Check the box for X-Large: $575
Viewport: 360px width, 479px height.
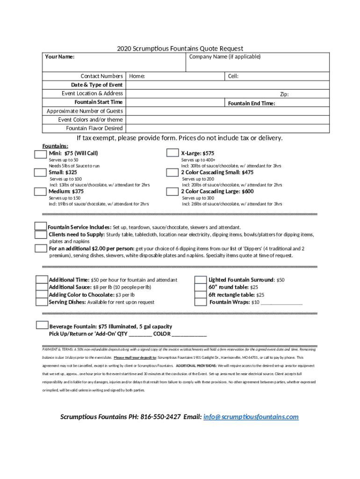(x=173, y=153)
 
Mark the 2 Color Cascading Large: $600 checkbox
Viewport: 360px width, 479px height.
(x=173, y=192)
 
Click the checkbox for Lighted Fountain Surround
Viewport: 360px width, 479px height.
(x=201, y=280)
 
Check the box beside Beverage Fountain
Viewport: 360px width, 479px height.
(x=42, y=326)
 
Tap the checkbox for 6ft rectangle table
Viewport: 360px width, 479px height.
(x=201, y=295)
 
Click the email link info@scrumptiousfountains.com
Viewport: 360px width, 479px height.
(x=251, y=417)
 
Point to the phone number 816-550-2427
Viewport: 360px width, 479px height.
(x=160, y=417)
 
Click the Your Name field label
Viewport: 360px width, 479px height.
(x=59, y=57)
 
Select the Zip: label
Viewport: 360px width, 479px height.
(x=284, y=94)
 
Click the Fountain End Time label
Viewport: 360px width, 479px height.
(x=252, y=103)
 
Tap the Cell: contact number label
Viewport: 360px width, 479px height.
(x=233, y=76)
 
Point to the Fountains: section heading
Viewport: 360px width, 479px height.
(x=55, y=146)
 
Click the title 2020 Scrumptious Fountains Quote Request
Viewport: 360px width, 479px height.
(x=180, y=49)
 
